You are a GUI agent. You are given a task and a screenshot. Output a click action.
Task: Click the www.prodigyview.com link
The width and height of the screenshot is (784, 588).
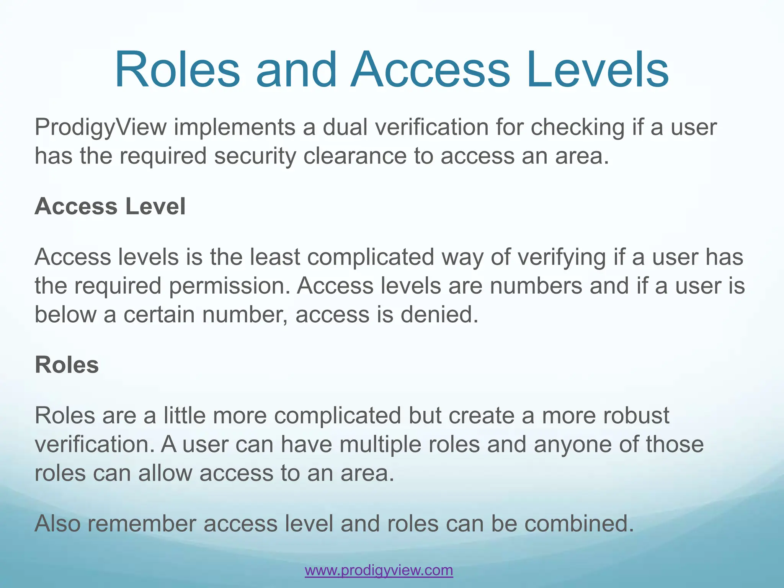pyautogui.click(x=379, y=570)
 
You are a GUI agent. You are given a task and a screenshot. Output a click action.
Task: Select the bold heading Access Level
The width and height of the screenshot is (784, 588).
pyautogui.click(x=110, y=206)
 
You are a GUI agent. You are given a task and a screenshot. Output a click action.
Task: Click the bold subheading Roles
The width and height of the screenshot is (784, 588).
pyautogui.click(x=67, y=364)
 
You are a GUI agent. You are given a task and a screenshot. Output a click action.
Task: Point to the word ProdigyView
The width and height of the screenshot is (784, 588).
pyautogui.click(x=101, y=127)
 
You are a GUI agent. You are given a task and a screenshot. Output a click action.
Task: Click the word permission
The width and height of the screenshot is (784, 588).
pyautogui.click(x=230, y=286)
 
